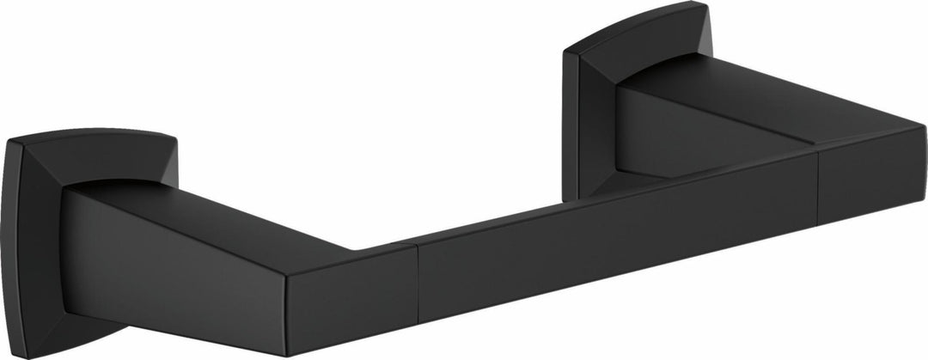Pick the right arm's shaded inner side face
click(679, 137)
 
